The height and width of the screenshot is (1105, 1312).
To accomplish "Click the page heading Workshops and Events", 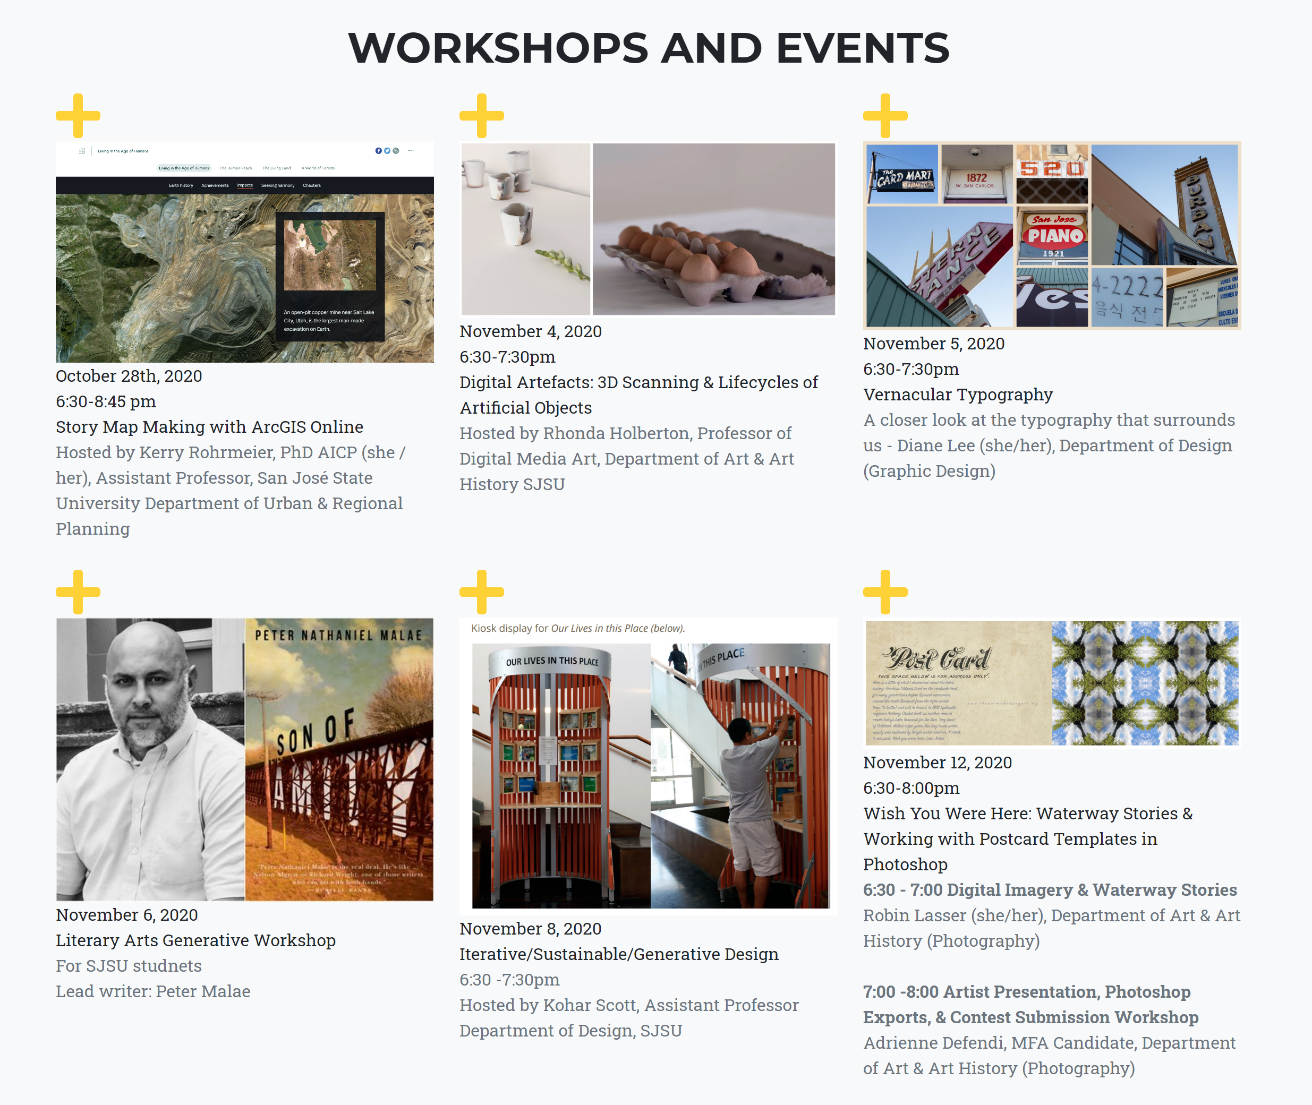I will pyautogui.click(x=649, y=48).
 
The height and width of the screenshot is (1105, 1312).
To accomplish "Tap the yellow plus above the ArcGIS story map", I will pyautogui.click(x=78, y=116).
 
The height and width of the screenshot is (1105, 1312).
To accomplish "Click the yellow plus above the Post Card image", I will pyautogui.click(x=885, y=592).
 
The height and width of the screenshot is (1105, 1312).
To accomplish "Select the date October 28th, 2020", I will pyautogui.click(x=129, y=376).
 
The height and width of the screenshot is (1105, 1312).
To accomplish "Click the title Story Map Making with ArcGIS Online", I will pyautogui.click(x=209, y=426).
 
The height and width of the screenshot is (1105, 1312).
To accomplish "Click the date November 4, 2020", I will pyautogui.click(x=530, y=331).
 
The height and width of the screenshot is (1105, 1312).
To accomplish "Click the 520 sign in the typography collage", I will pyautogui.click(x=1051, y=168).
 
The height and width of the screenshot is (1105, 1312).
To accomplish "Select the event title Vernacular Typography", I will pyautogui.click(x=957, y=395).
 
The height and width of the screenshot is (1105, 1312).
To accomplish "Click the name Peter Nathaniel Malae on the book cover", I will pyautogui.click(x=338, y=635).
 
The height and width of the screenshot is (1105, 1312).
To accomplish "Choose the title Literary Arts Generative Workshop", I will pyautogui.click(x=195, y=940).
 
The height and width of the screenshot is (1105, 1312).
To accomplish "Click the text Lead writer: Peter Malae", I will pyautogui.click(x=153, y=991).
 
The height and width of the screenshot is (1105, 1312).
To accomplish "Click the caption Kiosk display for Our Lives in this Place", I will pyautogui.click(x=578, y=628).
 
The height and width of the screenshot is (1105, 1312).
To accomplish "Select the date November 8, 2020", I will pyautogui.click(x=530, y=928).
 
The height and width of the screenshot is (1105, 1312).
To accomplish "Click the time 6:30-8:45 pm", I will pyautogui.click(x=106, y=401).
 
